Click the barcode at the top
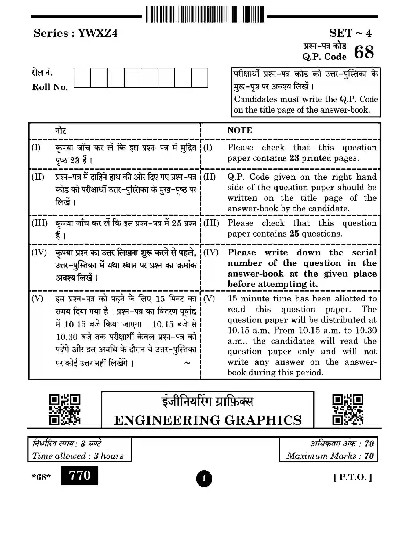point(205,14)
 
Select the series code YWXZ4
point(97,33)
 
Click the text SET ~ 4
point(350,33)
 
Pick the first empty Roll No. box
point(82,78)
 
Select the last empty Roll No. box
point(199,78)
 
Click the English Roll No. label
point(50,87)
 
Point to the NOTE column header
point(240,130)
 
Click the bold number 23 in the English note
point(294,158)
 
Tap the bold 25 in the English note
point(294,234)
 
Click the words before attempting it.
point(272,284)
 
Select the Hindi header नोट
point(61,131)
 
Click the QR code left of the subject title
point(64,410)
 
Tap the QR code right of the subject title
point(348,410)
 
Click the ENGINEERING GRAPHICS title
point(208,420)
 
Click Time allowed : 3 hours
point(78,456)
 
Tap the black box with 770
point(79,476)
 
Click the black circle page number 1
point(204,478)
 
